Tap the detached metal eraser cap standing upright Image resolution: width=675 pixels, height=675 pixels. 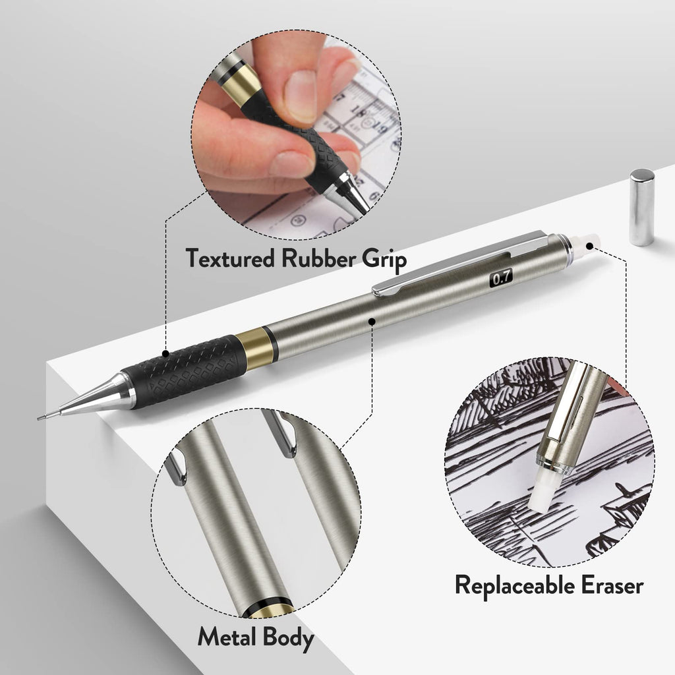[641, 207]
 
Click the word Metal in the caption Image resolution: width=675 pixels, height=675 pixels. [227, 637]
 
